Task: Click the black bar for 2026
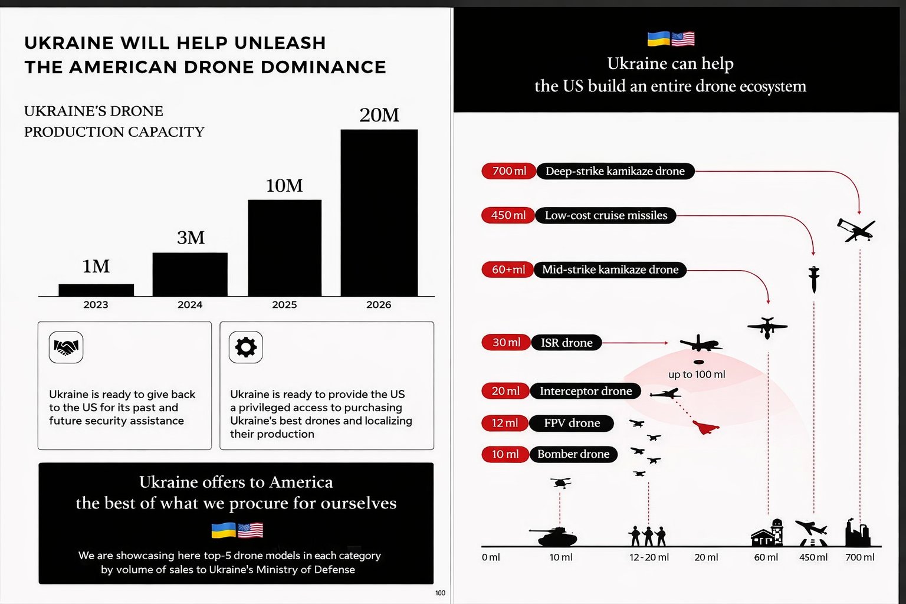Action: click(379, 212)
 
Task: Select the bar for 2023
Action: click(96, 290)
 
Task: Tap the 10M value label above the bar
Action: click(284, 186)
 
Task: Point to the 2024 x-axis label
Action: click(190, 305)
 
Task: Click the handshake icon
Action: click(66, 347)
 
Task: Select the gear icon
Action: click(246, 347)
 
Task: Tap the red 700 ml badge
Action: click(509, 171)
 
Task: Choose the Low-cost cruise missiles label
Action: click(606, 215)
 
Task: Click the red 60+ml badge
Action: click(508, 270)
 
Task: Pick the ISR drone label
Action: click(566, 343)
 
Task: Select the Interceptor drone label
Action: click(585, 391)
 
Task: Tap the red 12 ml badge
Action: click(505, 423)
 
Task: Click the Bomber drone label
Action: click(573, 454)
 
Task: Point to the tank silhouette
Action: click(554, 536)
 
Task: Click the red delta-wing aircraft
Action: click(705, 427)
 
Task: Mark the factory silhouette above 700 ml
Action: click(858, 533)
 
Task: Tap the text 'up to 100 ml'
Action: click(697, 375)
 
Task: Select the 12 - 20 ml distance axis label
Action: click(649, 557)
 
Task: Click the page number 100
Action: click(440, 593)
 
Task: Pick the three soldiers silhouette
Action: click(648, 536)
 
